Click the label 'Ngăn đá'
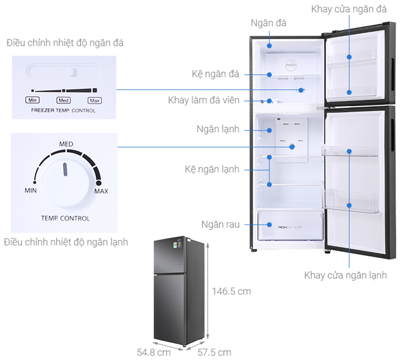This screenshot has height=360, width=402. coord(268,23)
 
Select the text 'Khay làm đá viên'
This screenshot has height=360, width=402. coord(204,100)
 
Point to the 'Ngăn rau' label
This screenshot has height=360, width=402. coord(220,225)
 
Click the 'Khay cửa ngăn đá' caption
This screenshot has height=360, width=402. coord(349,9)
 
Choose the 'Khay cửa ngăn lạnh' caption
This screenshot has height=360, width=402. coord(345,276)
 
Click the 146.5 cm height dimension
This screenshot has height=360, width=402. coord(231,292)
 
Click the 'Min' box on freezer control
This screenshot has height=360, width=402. coord(32,100)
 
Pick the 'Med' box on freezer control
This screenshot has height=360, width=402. coord(63,100)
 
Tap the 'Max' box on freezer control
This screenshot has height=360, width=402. coord(94,100)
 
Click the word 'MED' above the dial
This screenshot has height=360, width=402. coord(66,144)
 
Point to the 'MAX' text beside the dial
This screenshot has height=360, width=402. coord(101,192)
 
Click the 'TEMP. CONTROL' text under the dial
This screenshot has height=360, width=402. coord(65,218)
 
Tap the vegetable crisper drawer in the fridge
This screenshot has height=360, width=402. coord(290,225)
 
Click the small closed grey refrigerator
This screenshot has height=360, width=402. coord(173,292)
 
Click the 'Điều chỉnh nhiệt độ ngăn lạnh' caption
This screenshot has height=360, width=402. coord(65,242)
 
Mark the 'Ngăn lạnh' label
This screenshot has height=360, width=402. coord(217,129)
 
